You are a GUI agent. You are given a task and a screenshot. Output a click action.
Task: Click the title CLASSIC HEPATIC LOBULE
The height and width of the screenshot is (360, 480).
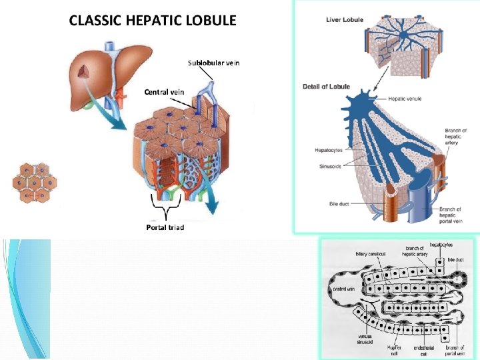click(153, 20)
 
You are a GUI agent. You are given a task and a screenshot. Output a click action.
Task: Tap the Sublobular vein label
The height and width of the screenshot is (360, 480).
click(213, 63)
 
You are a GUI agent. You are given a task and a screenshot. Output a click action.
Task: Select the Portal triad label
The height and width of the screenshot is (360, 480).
click(165, 227)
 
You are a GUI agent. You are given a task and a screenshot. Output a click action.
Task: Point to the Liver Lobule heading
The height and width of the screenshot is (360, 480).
click(345, 20)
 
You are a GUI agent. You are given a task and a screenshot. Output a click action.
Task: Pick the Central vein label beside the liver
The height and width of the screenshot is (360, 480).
click(164, 92)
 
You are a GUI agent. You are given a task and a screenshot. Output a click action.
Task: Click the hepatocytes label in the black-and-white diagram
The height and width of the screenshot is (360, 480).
click(443, 245)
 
